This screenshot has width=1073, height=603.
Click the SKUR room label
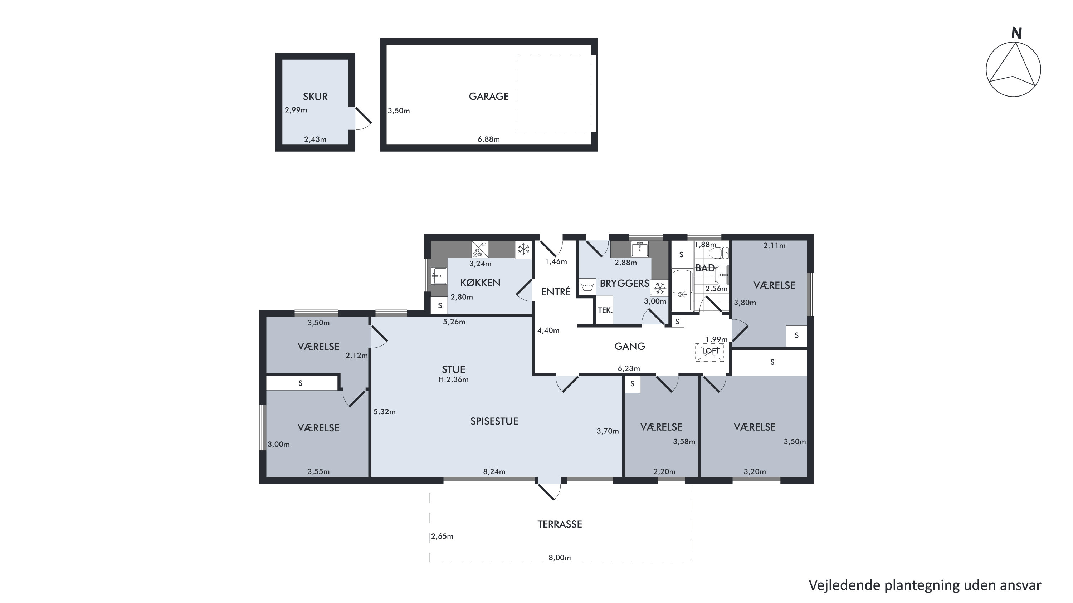(315, 97)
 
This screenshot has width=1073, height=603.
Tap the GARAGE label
(489, 97)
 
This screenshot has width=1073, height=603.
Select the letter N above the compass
(1016, 33)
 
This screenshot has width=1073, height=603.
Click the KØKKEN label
(480, 283)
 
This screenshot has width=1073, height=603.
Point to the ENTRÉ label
(556, 292)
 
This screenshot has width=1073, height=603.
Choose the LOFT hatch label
(710, 351)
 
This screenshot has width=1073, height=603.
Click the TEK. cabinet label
(605, 310)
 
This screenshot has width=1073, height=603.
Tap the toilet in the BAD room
(718, 253)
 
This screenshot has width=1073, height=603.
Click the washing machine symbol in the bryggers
(587, 287)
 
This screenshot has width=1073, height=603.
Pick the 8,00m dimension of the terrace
(560, 558)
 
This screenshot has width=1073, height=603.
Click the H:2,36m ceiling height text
(453, 379)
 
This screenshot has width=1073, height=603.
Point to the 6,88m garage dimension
(489, 139)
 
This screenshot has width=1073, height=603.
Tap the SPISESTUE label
(494, 421)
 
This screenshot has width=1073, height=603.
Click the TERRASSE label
(560, 524)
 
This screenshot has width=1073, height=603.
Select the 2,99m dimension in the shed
(296, 110)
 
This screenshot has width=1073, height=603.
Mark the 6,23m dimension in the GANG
(629, 368)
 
